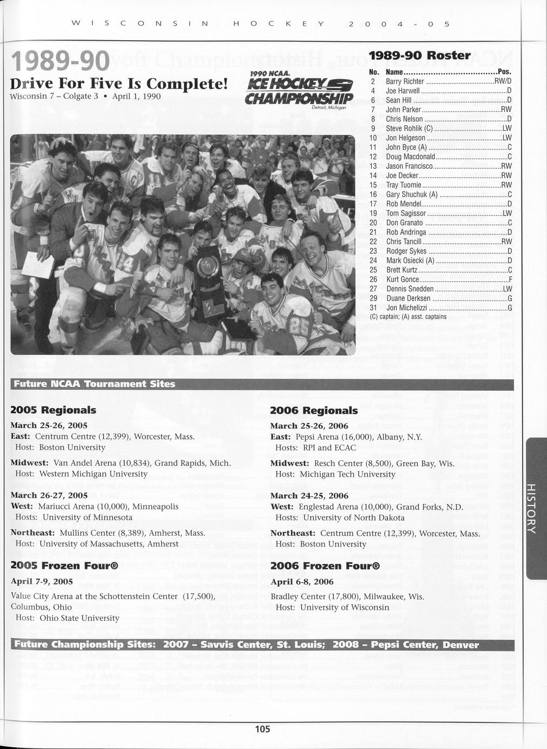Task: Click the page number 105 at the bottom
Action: pyautogui.click(x=263, y=729)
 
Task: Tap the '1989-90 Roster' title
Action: pyautogui.click(x=419, y=55)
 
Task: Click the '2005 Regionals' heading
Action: pyautogui.click(x=53, y=410)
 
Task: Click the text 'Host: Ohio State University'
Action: pyautogui.click(x=67, y=618)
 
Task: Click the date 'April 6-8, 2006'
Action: pyautogui.click(x=302, y=582)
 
